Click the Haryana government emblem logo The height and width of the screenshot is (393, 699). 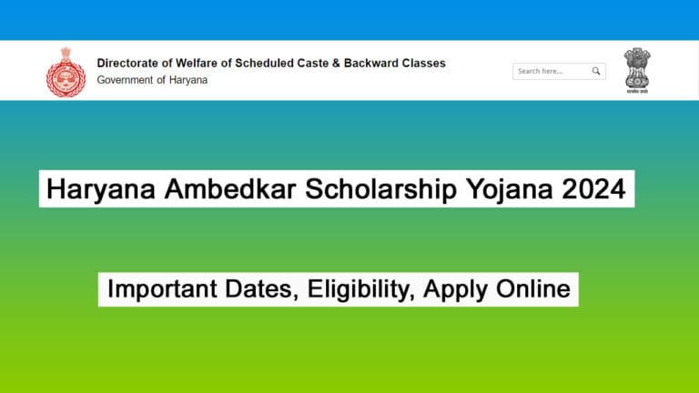[64, 71]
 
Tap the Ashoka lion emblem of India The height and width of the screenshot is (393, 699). [637, 70]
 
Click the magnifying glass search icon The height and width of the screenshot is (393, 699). [596, 71]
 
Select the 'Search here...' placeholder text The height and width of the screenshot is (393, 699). [541, 71]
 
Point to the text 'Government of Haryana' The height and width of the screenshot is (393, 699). [152, 80]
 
